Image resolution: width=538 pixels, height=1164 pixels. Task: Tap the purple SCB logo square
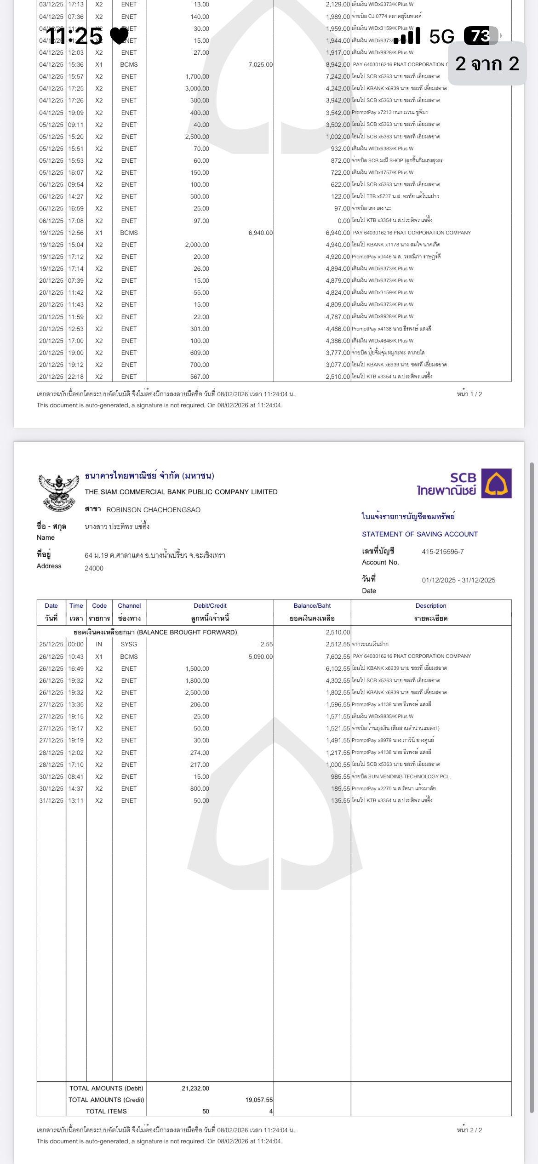pos(496,483)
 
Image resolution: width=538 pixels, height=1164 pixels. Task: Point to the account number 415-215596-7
pos(442,552)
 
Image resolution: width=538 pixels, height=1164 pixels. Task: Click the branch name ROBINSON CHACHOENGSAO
pos(153,510)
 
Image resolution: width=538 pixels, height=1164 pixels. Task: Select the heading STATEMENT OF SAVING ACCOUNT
pos(419,534)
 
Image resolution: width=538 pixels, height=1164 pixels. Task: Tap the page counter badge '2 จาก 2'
pos(487,64)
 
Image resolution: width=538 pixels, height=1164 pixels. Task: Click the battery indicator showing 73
pos(481,36)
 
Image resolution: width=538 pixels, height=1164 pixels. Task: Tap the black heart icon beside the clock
pos(120,36)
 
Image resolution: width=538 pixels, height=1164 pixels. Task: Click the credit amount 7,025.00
pos(260,65)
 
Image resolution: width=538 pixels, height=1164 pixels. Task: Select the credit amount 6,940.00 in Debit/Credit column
pos(260,233)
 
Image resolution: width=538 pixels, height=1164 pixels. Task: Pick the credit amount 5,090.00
pos(260,656)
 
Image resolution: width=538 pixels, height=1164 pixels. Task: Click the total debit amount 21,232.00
pos(195,1088)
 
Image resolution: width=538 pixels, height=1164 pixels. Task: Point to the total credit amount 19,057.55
pos(258,1100)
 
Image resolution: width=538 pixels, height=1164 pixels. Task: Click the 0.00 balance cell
pos(343,221)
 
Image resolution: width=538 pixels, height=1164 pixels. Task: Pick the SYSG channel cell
pos(129,645)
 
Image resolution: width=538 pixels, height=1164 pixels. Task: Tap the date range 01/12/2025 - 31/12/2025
pos(458,580)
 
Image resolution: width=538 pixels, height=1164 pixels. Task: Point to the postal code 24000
pos(94,568)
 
